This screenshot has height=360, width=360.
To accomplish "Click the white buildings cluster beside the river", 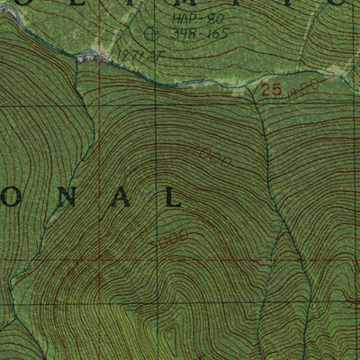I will click(x=87, y=58).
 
